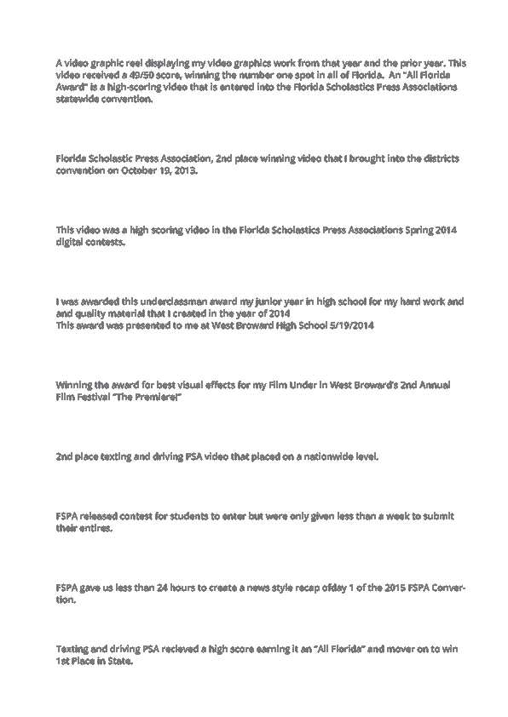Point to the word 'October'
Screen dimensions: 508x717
click(x=138, y=170)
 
